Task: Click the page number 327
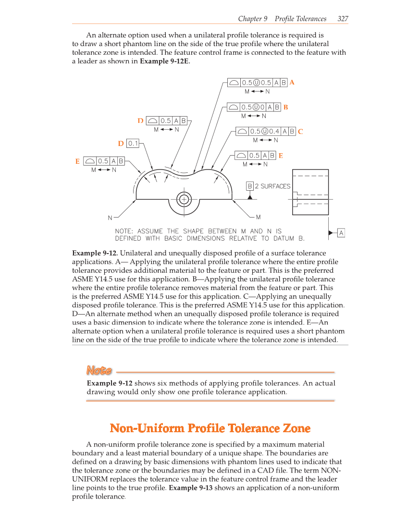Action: tap(343, 19)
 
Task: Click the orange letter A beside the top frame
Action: tap(292, 83)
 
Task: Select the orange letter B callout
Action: tap(285, 107)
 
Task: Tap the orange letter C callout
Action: tap(300, 131)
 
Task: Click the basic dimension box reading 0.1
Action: tap(133, 143)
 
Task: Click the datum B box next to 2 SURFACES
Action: tap(250, 186)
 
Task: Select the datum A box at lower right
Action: tap(341, 233)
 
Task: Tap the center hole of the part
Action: tap(184, 199)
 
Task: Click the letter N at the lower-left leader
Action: tap(110, 218)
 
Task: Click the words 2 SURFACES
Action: tap(272, 186)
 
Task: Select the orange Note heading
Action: tap(99, 371)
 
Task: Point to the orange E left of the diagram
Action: tap(77, 162)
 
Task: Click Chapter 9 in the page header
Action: tap(253, 19)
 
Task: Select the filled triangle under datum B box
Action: tap(250, 197)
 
